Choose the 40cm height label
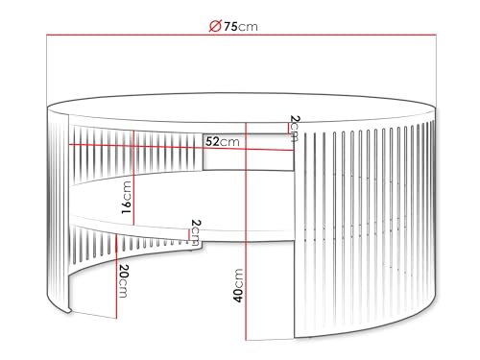(237, 284)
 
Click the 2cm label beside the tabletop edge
(294, 125)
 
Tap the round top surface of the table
(240, 106)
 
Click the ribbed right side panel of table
(365, 230)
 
